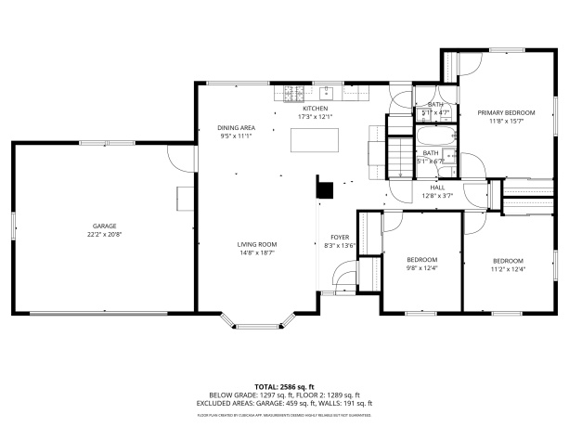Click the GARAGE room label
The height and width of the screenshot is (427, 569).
[x=103, y=226]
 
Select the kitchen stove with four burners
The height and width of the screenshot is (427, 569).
[x=294, y=93]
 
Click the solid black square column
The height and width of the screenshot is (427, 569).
[x=324, y=189]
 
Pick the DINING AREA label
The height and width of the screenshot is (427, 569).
[x=237, y=127]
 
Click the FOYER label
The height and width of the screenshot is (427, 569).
[x=340, y=237]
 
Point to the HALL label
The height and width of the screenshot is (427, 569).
[x=436, y=188]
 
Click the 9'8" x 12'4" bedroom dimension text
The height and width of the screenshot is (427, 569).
[x=421, y=269]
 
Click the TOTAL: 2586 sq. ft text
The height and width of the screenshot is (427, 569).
[x=284, y=386]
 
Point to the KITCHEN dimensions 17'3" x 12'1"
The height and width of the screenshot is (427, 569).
[x=315, y=117]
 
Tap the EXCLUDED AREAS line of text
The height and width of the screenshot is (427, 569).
[x=284, y=403]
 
